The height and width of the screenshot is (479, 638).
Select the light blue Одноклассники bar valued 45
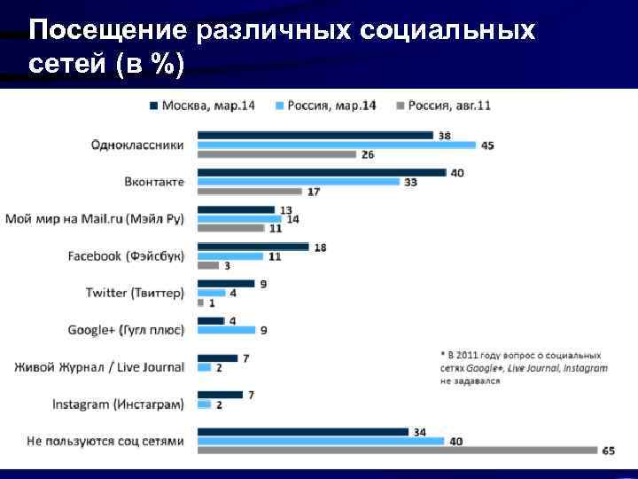pyautogui.click(x=336, y=145)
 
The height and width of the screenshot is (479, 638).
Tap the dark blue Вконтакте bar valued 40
pyautogui.click(x=321, y=172)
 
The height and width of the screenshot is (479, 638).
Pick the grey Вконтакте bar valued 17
pyautogui.click(x=250, y=191)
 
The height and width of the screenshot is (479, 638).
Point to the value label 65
pyautogui.click(x=608, y=451)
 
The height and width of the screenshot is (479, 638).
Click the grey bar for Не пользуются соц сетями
pyautogui.click(x=397, y=451)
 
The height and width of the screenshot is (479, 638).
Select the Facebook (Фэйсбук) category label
pyautogui.click(x=126, y=255)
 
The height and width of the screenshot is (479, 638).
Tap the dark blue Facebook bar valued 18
pyautogui.click(x=253, y=247)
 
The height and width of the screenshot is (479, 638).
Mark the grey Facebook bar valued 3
pyautogui.click(x=207, y=265)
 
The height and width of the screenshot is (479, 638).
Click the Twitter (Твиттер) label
pyautogui.click(x=135, y=293)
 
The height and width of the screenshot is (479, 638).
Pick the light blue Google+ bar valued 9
pyautogui.click(x=225, y=330)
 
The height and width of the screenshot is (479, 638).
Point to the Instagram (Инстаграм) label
pyautogui.click(x=118, y=404)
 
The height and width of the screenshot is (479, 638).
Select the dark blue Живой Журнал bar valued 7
pyautogui.click(x=217, y=358)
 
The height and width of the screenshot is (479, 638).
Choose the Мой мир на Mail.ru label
pyautogui.click(x=95, y=218)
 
